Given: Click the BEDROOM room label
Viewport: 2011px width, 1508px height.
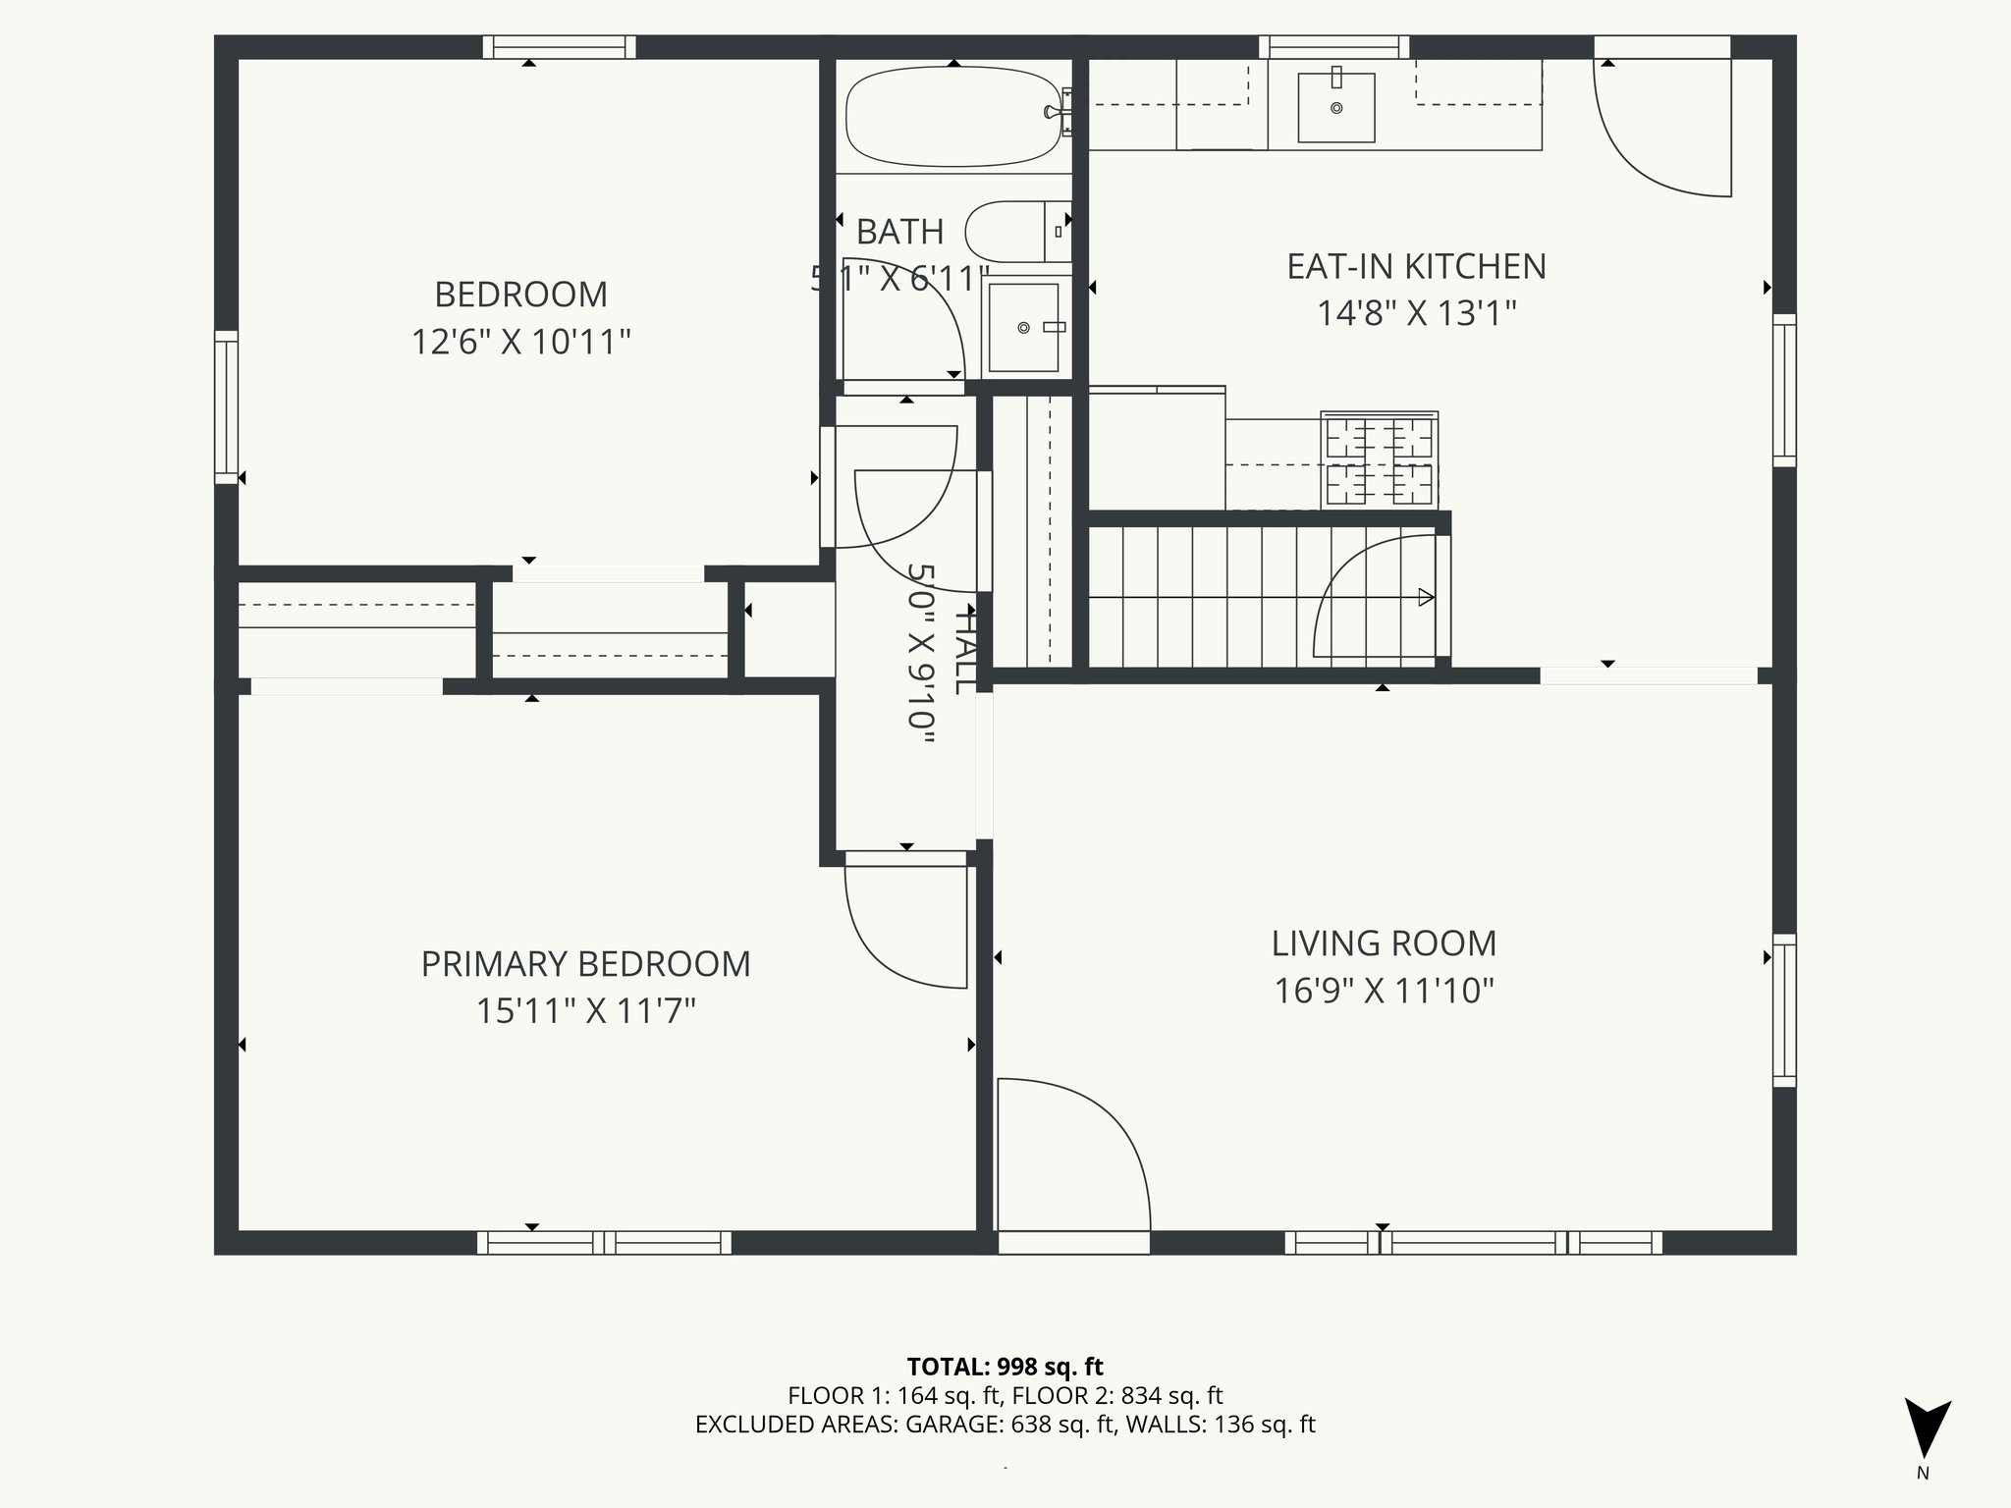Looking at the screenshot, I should click(520, 295).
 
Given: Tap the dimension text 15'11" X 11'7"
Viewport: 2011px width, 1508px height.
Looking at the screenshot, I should click(585, 1011).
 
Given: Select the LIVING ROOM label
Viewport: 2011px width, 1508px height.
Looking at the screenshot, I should click(1384, 943).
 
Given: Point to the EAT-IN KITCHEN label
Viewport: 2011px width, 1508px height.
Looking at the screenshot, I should click(1416, 267).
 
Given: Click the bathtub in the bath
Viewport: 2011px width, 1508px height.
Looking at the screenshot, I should click(952, 116).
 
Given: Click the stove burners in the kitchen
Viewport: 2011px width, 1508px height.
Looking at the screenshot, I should click(1379, 460).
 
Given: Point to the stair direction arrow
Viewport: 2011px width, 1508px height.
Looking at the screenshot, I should click(1424, 597).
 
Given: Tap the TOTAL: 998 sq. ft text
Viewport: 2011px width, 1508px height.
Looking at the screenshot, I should click(1005, 1367).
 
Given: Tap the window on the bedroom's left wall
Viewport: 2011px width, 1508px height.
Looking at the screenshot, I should click(227, 406).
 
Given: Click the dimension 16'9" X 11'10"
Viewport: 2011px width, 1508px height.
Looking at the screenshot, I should click(1384, 992).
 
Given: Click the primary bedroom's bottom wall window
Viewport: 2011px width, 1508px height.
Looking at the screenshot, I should click(604, 1243).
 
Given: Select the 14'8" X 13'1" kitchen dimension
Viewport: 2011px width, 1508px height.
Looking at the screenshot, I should click(1416, 314).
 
